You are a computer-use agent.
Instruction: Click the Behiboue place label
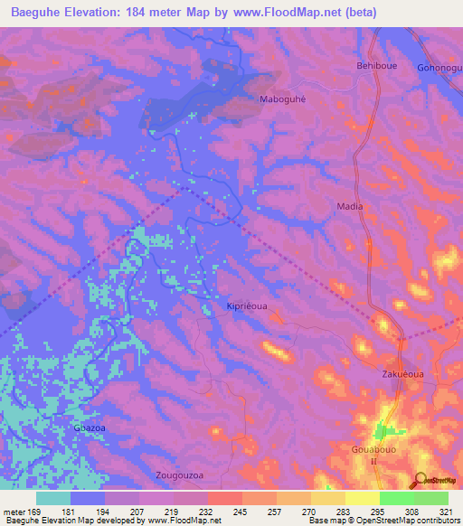pyautogui.click(x=376, y=67)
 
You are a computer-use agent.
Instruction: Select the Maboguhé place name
pyautogui.click(x=283, y=99)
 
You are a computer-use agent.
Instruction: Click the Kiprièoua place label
pyautogui.click(x=247, y=307)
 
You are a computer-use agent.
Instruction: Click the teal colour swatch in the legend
pyautogui.click(x=53, y=498)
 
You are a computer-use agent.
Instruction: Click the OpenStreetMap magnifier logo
pyautogui.click(x=420, y=480)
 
